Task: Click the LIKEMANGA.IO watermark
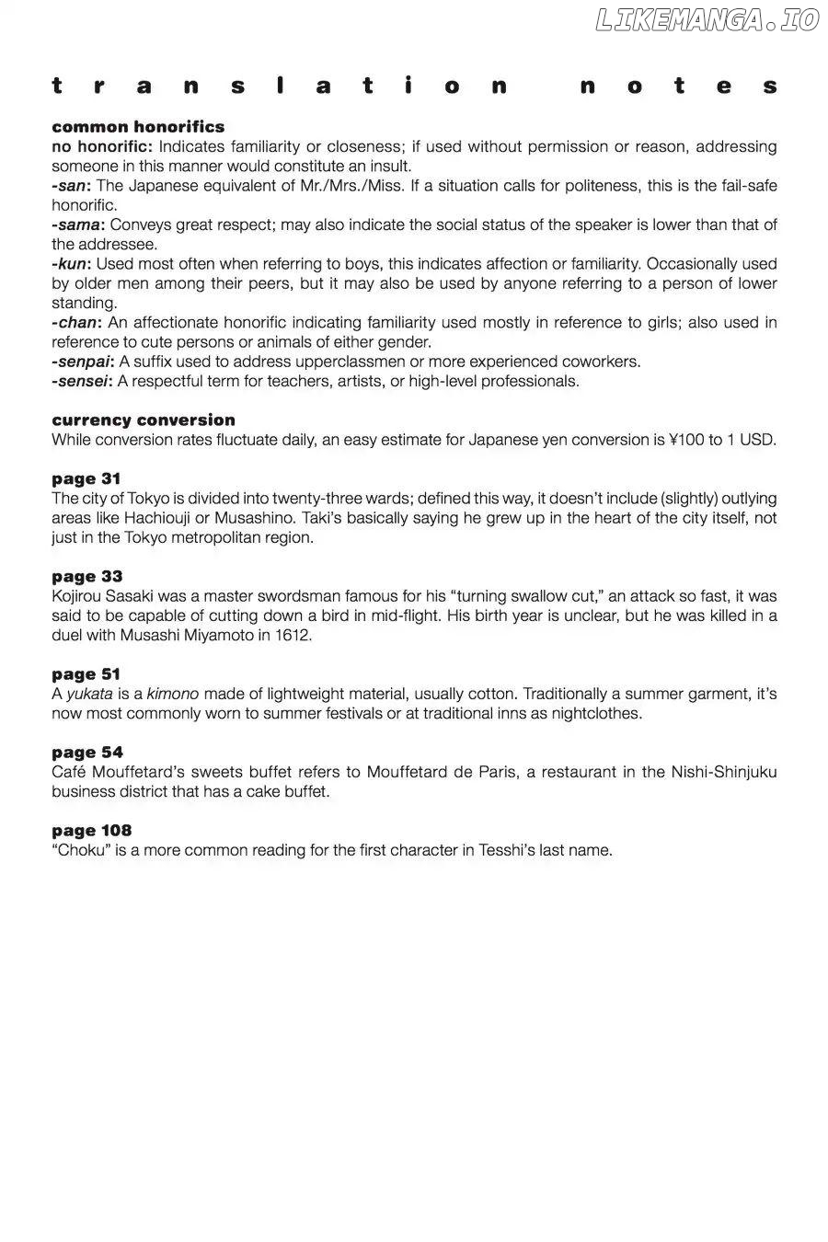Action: pos(707,20)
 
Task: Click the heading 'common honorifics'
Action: pos(138,127)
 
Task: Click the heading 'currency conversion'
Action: pos(144,420)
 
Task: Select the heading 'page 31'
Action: pos(86,479)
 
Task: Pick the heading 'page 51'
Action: pos(86,674)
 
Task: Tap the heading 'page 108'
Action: pos(92,831)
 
